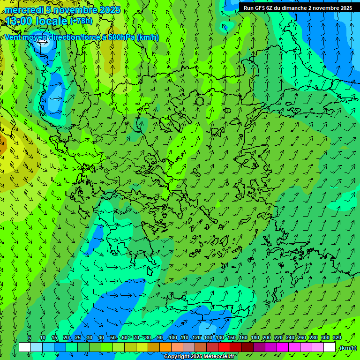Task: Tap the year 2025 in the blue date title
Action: click(110, 9)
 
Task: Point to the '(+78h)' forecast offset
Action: click(81, 21)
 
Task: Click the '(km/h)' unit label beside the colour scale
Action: click(348, 347)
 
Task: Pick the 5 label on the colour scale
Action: click(29, 337)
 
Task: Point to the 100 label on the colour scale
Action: click(173, 337)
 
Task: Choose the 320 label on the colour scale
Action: click(337, 337)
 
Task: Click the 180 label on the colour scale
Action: click(255, 337)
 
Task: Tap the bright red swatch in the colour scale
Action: click(224, 347)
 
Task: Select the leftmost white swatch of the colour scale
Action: click(25, 347)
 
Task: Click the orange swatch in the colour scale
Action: click(165, 347)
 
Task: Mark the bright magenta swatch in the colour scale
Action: click(283, 347)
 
